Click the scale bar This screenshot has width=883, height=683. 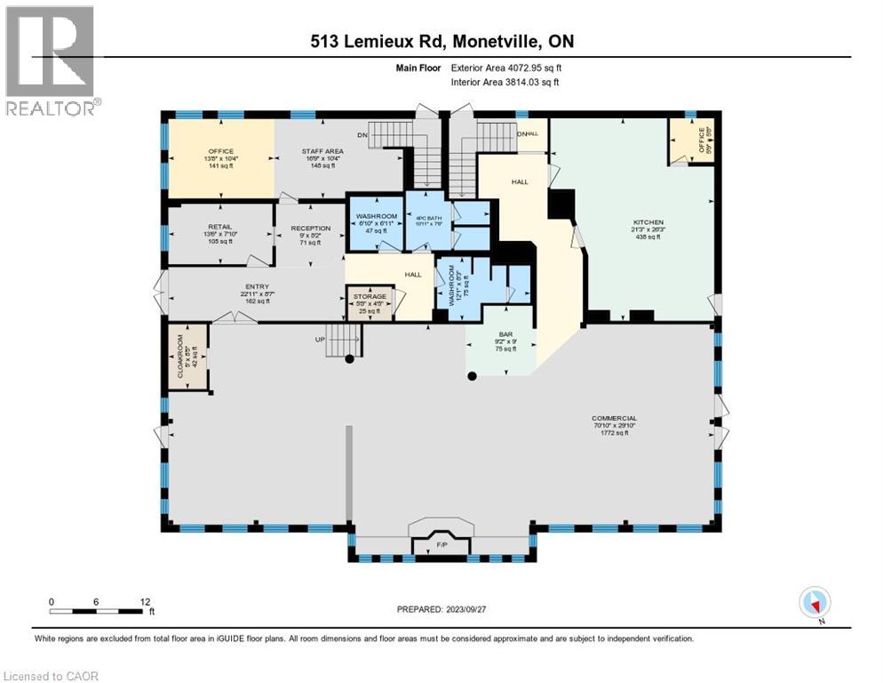click(x=99, y=610)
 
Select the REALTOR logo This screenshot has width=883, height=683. click(x=51, y=60)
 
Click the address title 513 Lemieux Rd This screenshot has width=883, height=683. click(x=442, y=42)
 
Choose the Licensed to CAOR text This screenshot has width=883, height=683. click(x=52, y=676)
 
